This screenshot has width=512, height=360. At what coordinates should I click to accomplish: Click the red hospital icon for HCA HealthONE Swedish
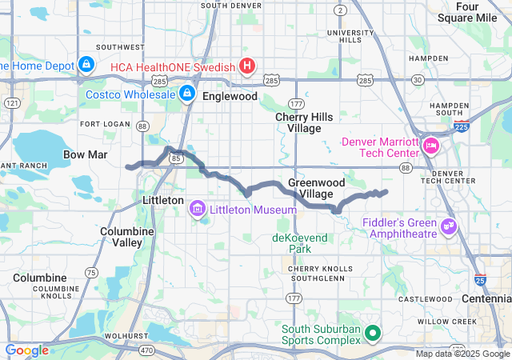tap(248, 66)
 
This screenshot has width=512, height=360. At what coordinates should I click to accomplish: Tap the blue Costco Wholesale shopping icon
tap(186, 94)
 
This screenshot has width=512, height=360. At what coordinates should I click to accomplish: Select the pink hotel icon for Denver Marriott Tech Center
tap(431, 145)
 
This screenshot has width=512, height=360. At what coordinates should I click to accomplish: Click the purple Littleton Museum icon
tap(197, 209)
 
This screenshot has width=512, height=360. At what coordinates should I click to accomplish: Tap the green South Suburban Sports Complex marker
tap(372, 333)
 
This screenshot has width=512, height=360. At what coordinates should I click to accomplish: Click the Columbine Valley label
tap(122, 236)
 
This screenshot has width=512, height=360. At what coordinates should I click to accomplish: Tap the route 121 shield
tap(12, 103)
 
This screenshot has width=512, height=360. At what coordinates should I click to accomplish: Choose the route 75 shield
tap(91, 273)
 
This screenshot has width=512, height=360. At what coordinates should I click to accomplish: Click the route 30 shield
tap(417, 79)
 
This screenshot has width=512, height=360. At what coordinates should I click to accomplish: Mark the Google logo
tap(27, 350)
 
